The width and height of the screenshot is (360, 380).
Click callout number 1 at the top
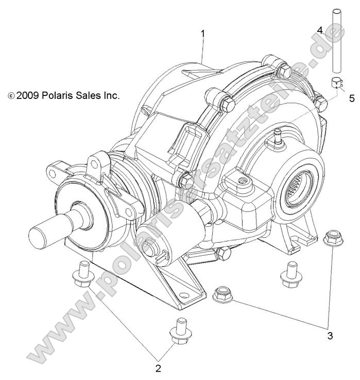pos(203,34)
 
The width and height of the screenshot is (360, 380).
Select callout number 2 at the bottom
pos(158,368)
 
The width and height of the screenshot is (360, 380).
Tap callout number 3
pos(330,335)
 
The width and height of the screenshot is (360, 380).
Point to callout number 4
pos(320,30)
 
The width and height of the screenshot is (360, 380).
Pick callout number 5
pos(352,97)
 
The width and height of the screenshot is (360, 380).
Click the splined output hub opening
pos(302,183)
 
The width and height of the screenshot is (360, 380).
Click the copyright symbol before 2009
pos(11,96)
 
